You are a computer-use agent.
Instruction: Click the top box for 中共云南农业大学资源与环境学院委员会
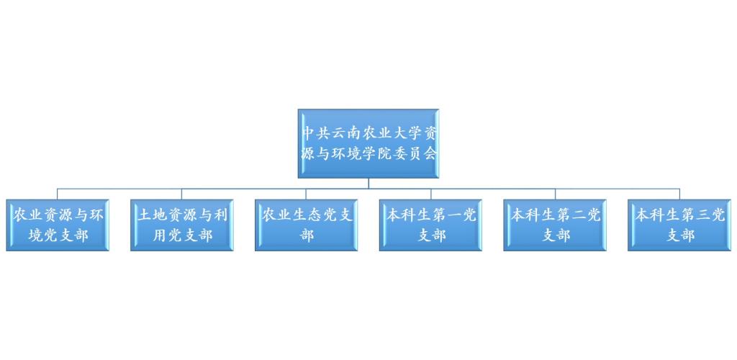pyautogui.click(x=368, y=144)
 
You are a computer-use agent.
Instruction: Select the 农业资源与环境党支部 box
pyautogui.click(x=58, y=225)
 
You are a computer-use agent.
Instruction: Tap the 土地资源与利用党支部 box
pyautogui.click(x=182, y=225)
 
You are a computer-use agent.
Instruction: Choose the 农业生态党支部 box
pyautogui.click(x=307, y=225)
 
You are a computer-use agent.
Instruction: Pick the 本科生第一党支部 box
pyautogui.click(x=430, y=225)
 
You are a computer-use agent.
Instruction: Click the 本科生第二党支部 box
pyautogui.click(x=555, y=225)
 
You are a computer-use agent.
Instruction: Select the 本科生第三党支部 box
pyautogui.click(x=679, y=225)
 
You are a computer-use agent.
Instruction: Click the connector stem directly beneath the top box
pyautogui.click(x=368, y=184)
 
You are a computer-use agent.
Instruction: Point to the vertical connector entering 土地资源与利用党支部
pyautogui.click(x=182, y=194)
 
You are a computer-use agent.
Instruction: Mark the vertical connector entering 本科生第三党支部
pyautogui.click(x=679, y=194)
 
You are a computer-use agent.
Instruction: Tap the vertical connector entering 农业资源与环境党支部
pyautogui.click(x=58, y=194)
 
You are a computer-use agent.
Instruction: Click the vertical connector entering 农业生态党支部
pyautogui.click(x=307, y=194)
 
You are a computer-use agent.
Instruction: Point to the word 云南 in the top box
pyautogui.click(x=345, y=134)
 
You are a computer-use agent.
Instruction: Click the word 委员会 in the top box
pyautogui.click(x=415, y=153)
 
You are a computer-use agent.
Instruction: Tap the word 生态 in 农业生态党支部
pyautogui.click(x=307, y=216)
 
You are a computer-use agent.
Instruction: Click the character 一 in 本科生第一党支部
pyautogui.click(x=453, y=216)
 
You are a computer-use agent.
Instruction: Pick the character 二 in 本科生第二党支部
pyautogui.click(x=578, y=216)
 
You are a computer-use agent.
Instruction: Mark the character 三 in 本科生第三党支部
pyautogui.click(x=702, y=216)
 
